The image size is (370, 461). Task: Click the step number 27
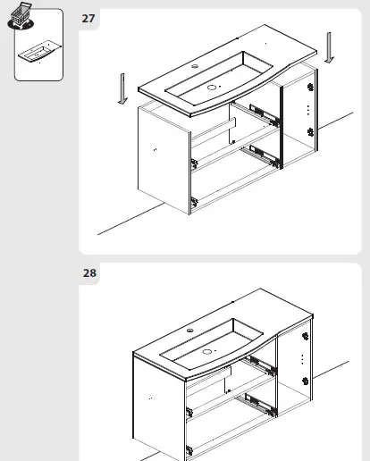[89, 17]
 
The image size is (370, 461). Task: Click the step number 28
[89, 273]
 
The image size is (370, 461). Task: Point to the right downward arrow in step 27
[330, 46]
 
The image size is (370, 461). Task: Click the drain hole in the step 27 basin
[213, 87]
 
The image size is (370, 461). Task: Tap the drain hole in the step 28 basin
[211, 351]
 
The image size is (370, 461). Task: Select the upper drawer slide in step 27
[262, 113]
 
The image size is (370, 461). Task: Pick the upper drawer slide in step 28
[262, 365]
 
